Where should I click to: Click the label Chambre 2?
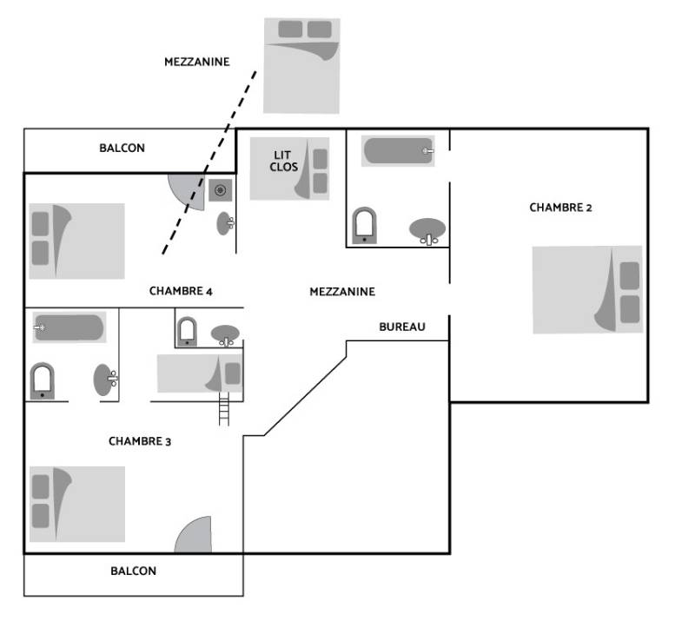560,208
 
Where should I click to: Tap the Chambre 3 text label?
140,441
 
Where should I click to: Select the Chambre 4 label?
181,291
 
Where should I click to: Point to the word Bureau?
402,327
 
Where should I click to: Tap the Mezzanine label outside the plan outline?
196,62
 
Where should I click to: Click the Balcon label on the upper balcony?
122,149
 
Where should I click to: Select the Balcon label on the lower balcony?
134,571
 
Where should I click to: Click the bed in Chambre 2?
587,290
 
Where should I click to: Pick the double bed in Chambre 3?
77,504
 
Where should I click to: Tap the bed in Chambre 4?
76,241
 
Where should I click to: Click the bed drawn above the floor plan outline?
301,65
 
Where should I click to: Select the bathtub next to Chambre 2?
398,151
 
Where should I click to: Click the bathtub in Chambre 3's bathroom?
69,327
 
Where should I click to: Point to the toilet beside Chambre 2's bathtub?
364,224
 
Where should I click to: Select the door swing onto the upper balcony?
187,185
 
